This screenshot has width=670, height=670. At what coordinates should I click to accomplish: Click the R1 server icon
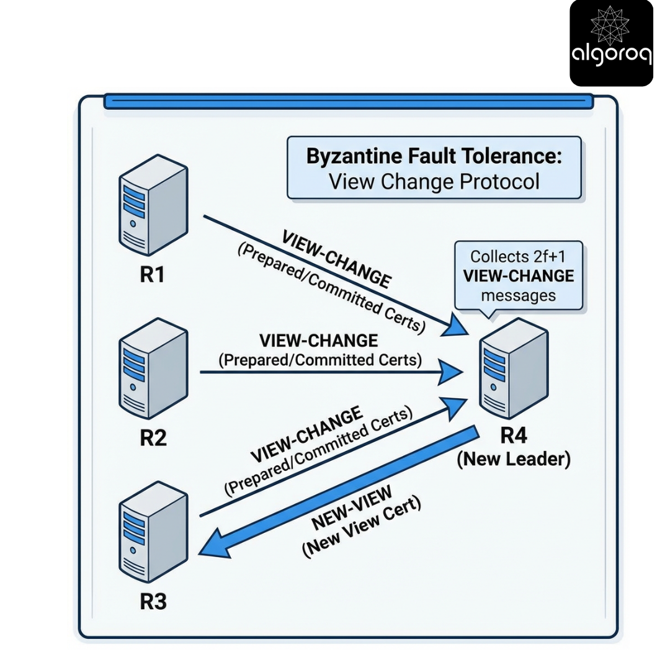click(x=153, y=205)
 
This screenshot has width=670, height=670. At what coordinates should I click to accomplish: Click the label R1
click(x=153, y=274)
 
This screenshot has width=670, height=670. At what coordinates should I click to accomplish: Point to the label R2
click(x=153, y=438)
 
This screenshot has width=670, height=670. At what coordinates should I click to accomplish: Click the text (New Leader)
click(x=514, y=460)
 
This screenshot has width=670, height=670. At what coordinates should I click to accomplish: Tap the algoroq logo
click(x=611, y=43)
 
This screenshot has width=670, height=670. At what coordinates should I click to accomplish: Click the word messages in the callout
click(x=519, y=295)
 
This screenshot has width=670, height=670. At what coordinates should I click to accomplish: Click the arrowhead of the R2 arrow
click(x=452, y=373)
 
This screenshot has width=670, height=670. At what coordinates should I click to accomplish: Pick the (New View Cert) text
click(x=362, y=528)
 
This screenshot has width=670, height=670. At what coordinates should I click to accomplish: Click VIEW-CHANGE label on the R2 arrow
click(x=319, y=341)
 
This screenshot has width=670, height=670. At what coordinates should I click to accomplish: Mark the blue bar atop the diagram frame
click(x=348, y=101)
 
